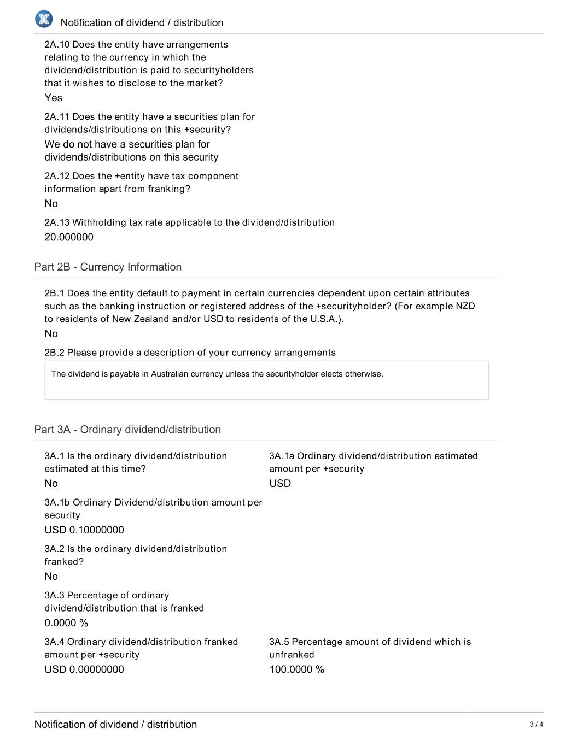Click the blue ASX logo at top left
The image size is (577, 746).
(x=44, y=19)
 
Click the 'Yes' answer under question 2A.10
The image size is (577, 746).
(x=54, y=98)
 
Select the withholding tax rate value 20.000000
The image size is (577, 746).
(x=69, y=237)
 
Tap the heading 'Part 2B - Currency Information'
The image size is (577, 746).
(x=108, y=267)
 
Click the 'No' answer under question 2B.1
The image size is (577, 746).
(x=51, y=333)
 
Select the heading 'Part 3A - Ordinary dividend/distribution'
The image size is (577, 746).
(x=127, y=430)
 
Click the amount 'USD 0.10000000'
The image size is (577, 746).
(x=84, y=530)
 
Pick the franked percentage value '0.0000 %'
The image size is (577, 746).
(x=66, y=622)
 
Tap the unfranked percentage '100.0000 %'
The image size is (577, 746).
(x=296, y=669)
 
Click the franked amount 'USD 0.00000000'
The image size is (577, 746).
(x=84, y=669)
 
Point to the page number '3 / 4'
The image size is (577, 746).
(x=536, y=725)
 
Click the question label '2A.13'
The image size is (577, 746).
(x=57, y=222)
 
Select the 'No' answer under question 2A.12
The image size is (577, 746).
(x=51, y=203)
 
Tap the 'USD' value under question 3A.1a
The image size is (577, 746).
(x=280, y=483)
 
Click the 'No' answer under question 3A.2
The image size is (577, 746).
(x=51, y=576)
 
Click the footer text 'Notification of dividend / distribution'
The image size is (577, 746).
(x=115, y=724)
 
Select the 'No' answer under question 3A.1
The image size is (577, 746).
(x=51, y=483)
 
